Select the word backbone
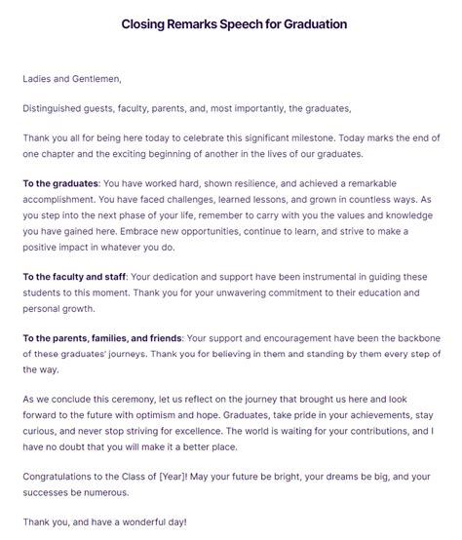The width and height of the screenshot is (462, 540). click(x=413, y=338)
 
